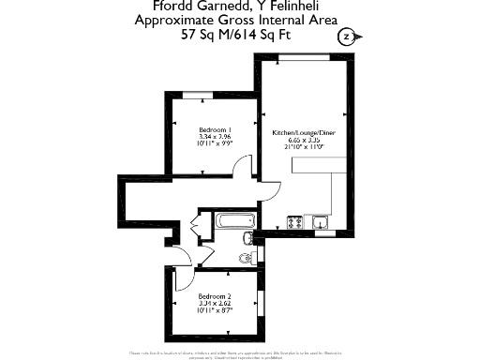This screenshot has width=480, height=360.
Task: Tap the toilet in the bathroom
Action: tap(247, 256)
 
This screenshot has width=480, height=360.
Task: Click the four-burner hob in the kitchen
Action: tap(294, 222)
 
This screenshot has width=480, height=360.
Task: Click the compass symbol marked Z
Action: tap(348, 37)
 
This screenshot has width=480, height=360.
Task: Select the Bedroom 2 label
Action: tap(215, 294)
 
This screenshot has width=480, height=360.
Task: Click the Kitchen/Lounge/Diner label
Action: tap(304, 133)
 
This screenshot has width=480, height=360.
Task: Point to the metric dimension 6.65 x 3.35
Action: tap(304, 140)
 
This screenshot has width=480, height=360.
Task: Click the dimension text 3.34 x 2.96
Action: tap(215, 137)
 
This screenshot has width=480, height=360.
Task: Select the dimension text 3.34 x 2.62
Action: tap(215, 302)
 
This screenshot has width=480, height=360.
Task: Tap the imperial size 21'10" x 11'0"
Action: tap(304, 147)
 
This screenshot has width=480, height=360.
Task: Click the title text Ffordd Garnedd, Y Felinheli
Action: tap(241, 8)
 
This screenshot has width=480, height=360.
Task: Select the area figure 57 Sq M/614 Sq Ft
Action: tap(240, 35)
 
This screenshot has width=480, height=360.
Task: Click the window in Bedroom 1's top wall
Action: tap(214, 96)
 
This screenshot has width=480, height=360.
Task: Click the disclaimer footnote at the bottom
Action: tap(240, 353)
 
